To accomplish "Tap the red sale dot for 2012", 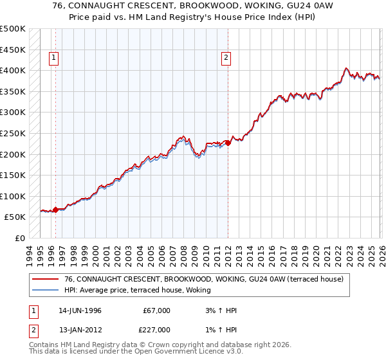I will coord(228,143).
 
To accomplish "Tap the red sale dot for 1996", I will coord(56,209).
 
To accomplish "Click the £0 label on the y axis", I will coord(20,238).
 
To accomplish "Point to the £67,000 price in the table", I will coord(156,310).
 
